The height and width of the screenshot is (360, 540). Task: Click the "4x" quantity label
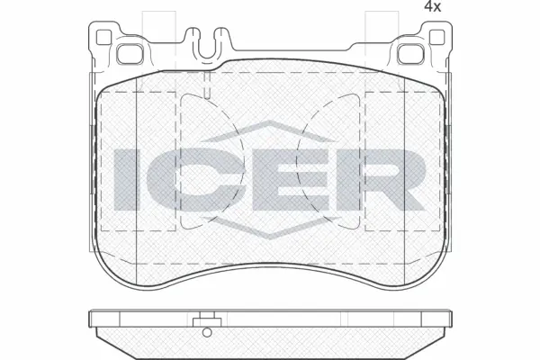tap(508, 8)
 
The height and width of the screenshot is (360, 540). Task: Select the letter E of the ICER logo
tap(285, 175)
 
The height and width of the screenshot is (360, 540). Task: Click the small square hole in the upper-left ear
tap(102, 38)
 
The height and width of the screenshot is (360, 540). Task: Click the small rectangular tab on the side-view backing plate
tap(207, 317)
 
